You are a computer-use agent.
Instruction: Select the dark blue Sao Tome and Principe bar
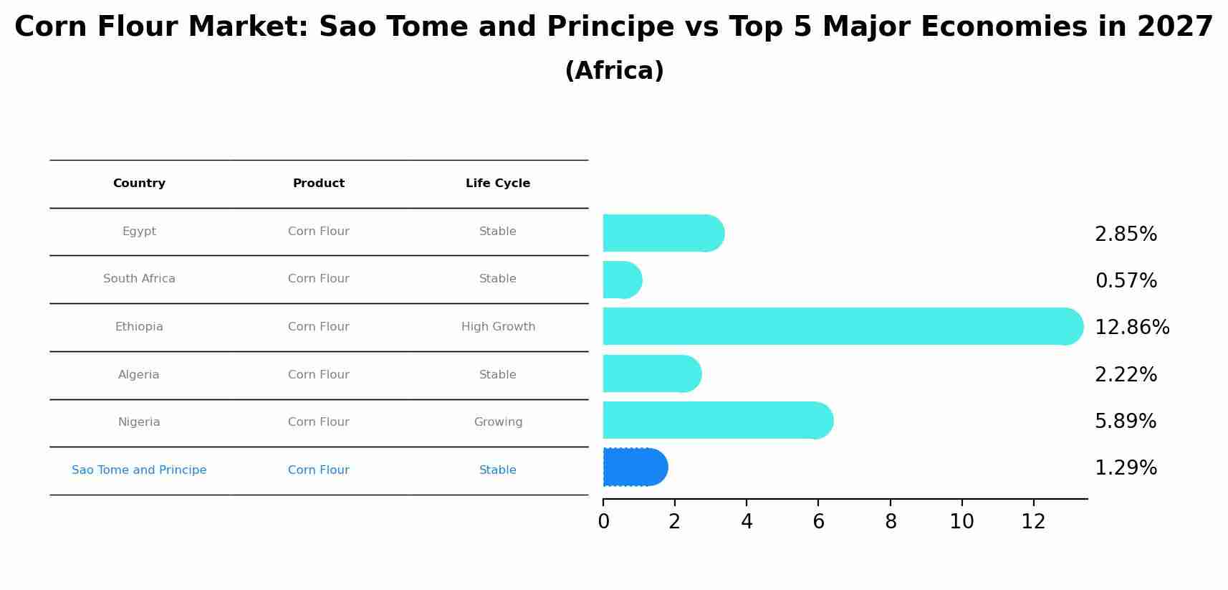point(635,467)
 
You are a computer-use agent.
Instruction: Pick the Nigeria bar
point(717,420)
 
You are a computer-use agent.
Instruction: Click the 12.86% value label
point(1132,328)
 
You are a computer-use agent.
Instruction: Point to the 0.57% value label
point(1126,281)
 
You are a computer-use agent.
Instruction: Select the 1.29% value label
point(1126,468)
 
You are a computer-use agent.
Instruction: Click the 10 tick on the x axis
point(961,522)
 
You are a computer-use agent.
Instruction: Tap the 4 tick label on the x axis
point(747,522)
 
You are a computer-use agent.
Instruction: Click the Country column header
point(139,184)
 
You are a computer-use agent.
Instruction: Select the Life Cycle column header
point(498,184)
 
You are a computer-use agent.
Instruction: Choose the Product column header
point(319,184)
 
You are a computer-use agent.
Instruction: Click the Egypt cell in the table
point(139,232)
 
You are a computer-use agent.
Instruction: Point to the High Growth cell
point(498,327)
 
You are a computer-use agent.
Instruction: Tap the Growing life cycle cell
point(498,422)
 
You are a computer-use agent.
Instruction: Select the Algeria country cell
point(139,375)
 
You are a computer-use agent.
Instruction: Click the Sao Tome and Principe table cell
point(139,470)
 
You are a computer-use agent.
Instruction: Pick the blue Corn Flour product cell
point(319,470)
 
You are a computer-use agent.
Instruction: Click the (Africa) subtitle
point(614,71)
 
